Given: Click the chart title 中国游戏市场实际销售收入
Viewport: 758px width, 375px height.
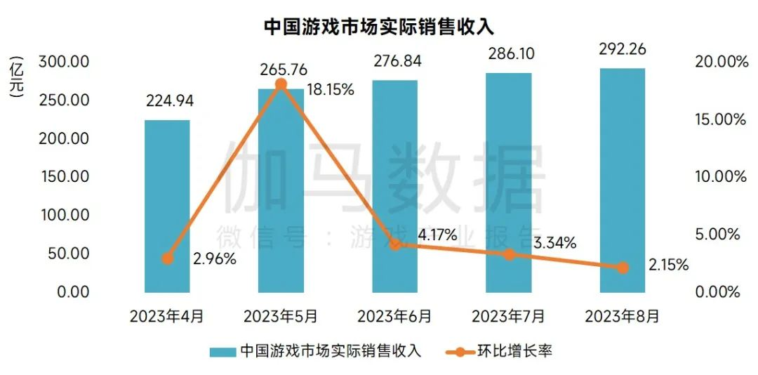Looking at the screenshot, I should click(x=379, y=26).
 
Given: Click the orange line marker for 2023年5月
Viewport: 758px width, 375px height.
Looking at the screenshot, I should click(x=281, y=84).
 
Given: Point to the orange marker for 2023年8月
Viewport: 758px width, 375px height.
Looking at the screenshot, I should click(x=622, y=268).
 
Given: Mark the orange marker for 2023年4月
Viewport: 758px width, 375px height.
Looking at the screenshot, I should click(x=167, y=258).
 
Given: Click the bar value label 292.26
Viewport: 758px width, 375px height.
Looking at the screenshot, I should click(x=623, y=49).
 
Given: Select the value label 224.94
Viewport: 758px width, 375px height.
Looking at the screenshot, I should click(x=169, y=101).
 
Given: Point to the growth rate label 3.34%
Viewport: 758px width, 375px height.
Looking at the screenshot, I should click(x=554, y=243).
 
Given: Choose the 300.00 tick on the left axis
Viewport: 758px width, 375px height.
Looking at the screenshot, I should click(x=65, y=62).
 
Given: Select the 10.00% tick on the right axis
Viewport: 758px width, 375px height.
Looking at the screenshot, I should click(x=719, y=176).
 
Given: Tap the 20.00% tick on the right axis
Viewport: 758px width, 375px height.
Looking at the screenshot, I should click(x=719, y=62).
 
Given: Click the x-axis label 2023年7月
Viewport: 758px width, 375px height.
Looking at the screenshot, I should click(x=508, y=316).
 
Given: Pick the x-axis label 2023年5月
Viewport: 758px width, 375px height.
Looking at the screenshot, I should click(x=281, y=316).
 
